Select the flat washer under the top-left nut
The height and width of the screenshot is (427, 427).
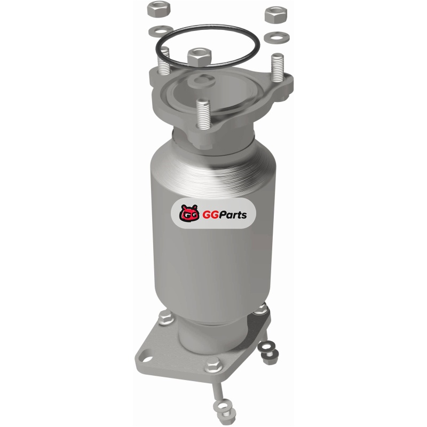coord(161,31)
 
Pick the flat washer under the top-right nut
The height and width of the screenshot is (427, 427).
coord(277,37)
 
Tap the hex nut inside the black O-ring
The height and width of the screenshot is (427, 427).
coord(199,57)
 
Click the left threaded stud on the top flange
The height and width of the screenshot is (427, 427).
coord(163,61)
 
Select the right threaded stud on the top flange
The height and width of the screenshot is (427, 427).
coord(278,68)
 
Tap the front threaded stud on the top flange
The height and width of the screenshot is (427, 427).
coord(203,114)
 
